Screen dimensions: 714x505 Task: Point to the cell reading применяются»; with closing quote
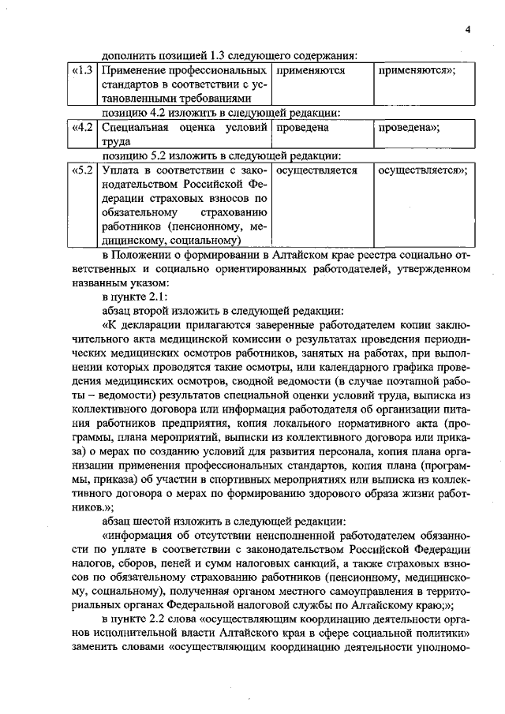417,70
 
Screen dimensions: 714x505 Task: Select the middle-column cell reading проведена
303,127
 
